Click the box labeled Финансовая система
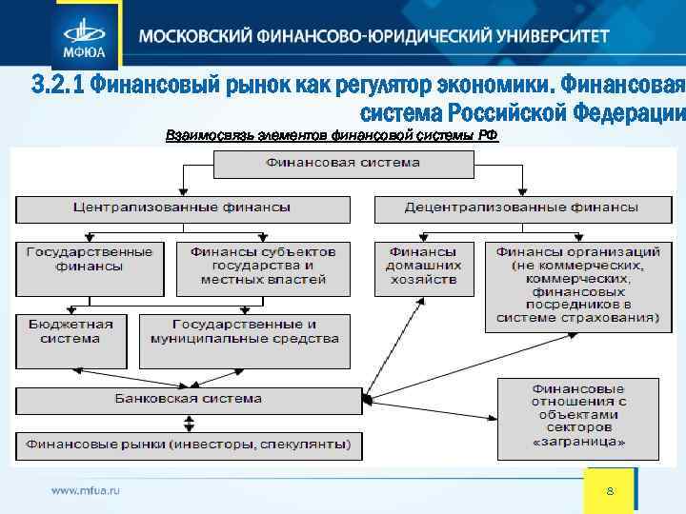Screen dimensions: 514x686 (x=343, y=164)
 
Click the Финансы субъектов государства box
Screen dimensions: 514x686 (x=263, y=266)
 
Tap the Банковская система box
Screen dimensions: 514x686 (x=188, y=399)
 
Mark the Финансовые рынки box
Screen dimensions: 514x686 (x=188, y=445)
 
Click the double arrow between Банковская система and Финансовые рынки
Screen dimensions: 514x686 (x=189, y=422)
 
